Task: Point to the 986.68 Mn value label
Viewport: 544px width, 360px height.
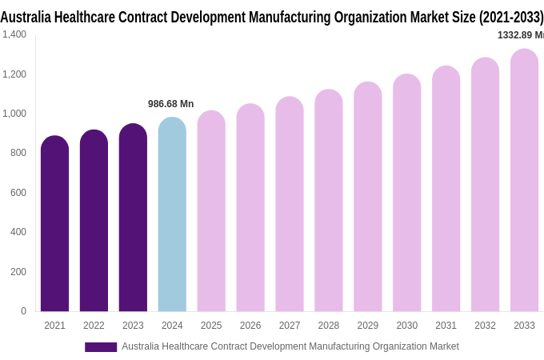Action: click(x=170, y=104)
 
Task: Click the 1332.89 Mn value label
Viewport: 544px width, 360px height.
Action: click(x=520, y=35)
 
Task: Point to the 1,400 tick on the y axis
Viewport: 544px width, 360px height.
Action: click(x=14, y=34)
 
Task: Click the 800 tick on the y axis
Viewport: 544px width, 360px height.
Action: click(x=18, y=153)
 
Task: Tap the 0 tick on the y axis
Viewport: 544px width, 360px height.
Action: click(x=23, y=311)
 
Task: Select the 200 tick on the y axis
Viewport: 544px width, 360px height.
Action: click(x=18, y=272)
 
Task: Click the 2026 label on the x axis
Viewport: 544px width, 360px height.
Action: click(x=250, y=326)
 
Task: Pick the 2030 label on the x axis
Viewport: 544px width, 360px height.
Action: click(x=406, y=326)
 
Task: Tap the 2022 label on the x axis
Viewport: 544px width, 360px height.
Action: click(x=94, y=326)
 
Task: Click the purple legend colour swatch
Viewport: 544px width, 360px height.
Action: click(x=101, y=347)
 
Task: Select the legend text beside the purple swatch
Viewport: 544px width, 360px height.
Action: click(x=290, y=346)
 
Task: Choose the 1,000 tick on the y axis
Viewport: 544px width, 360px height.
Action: click(x=14, y=114)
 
